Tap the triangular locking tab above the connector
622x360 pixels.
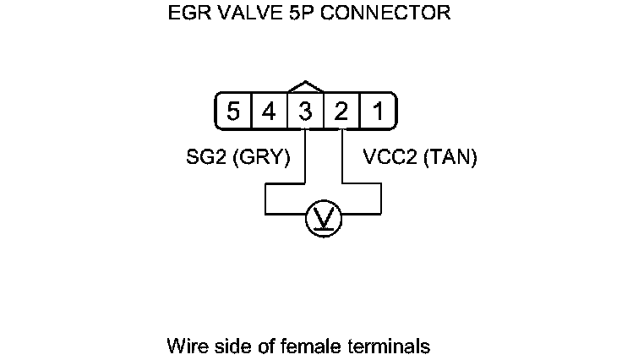pos(306,87)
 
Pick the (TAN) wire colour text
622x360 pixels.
pos(448,158)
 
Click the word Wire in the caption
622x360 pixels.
pos(185,346)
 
